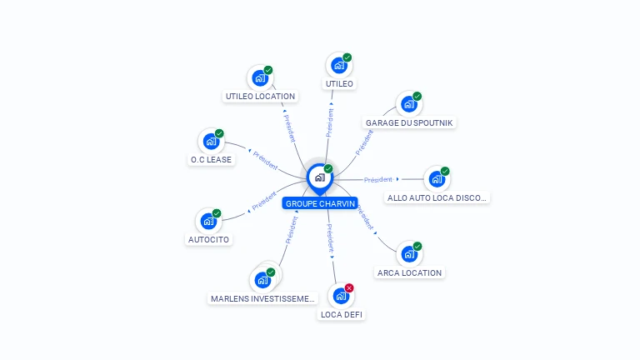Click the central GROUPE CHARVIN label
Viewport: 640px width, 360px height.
[320, 203]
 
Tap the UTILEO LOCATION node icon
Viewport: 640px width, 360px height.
[259, 78]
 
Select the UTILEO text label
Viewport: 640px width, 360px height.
[339, 84]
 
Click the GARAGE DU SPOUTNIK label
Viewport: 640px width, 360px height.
[410, 122]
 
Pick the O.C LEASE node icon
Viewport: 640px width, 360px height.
[210, 142]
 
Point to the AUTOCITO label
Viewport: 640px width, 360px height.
[207, 239]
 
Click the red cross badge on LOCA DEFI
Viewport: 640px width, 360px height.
[349, 287]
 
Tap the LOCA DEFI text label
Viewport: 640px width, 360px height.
[342, 314]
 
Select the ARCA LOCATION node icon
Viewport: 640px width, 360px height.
[408, 254]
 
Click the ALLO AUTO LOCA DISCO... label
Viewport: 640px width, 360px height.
[437, 197]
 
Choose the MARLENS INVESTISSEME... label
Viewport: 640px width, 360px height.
[263, 297]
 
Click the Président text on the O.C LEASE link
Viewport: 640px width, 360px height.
[265, 158]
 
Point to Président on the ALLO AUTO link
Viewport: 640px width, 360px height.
[377, 179]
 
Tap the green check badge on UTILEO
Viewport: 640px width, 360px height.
[347, 57]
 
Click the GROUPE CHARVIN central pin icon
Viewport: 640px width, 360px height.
[318, 177]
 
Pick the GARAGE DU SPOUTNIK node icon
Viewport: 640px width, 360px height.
[408, 104]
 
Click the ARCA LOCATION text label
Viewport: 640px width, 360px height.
[409, 272]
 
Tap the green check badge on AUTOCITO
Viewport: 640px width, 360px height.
[217, 213]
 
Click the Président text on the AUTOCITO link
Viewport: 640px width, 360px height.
[264, 201]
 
